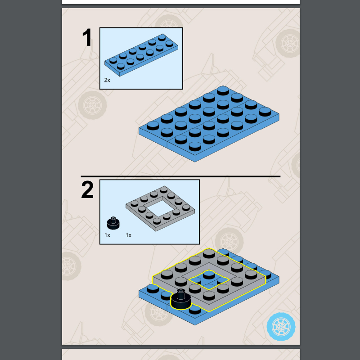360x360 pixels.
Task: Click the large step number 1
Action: point(87,37)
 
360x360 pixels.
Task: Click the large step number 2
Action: point(87,189)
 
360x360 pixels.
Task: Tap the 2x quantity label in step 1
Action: point(107,80)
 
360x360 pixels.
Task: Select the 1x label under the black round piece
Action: point(107,235)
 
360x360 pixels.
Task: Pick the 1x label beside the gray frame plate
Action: point(129,235)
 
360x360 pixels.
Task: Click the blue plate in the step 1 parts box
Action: point(141,55)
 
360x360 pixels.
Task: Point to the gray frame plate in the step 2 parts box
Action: point(160,208)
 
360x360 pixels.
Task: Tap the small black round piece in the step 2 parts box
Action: point(113,223)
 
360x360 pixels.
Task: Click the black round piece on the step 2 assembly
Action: point(181,299)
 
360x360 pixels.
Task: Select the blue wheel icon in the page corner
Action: point(281,327)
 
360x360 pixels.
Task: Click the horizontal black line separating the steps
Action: point(180,176)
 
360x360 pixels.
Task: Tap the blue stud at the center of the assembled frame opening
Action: point(209,275)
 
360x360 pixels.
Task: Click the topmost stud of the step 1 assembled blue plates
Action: point(223,90)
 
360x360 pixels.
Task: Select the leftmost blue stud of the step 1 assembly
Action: point(153,126)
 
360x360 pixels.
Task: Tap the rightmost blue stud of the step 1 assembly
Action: point(265,112)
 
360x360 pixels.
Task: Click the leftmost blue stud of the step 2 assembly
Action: point(153,288)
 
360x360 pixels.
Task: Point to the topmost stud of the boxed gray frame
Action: point(163,189)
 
